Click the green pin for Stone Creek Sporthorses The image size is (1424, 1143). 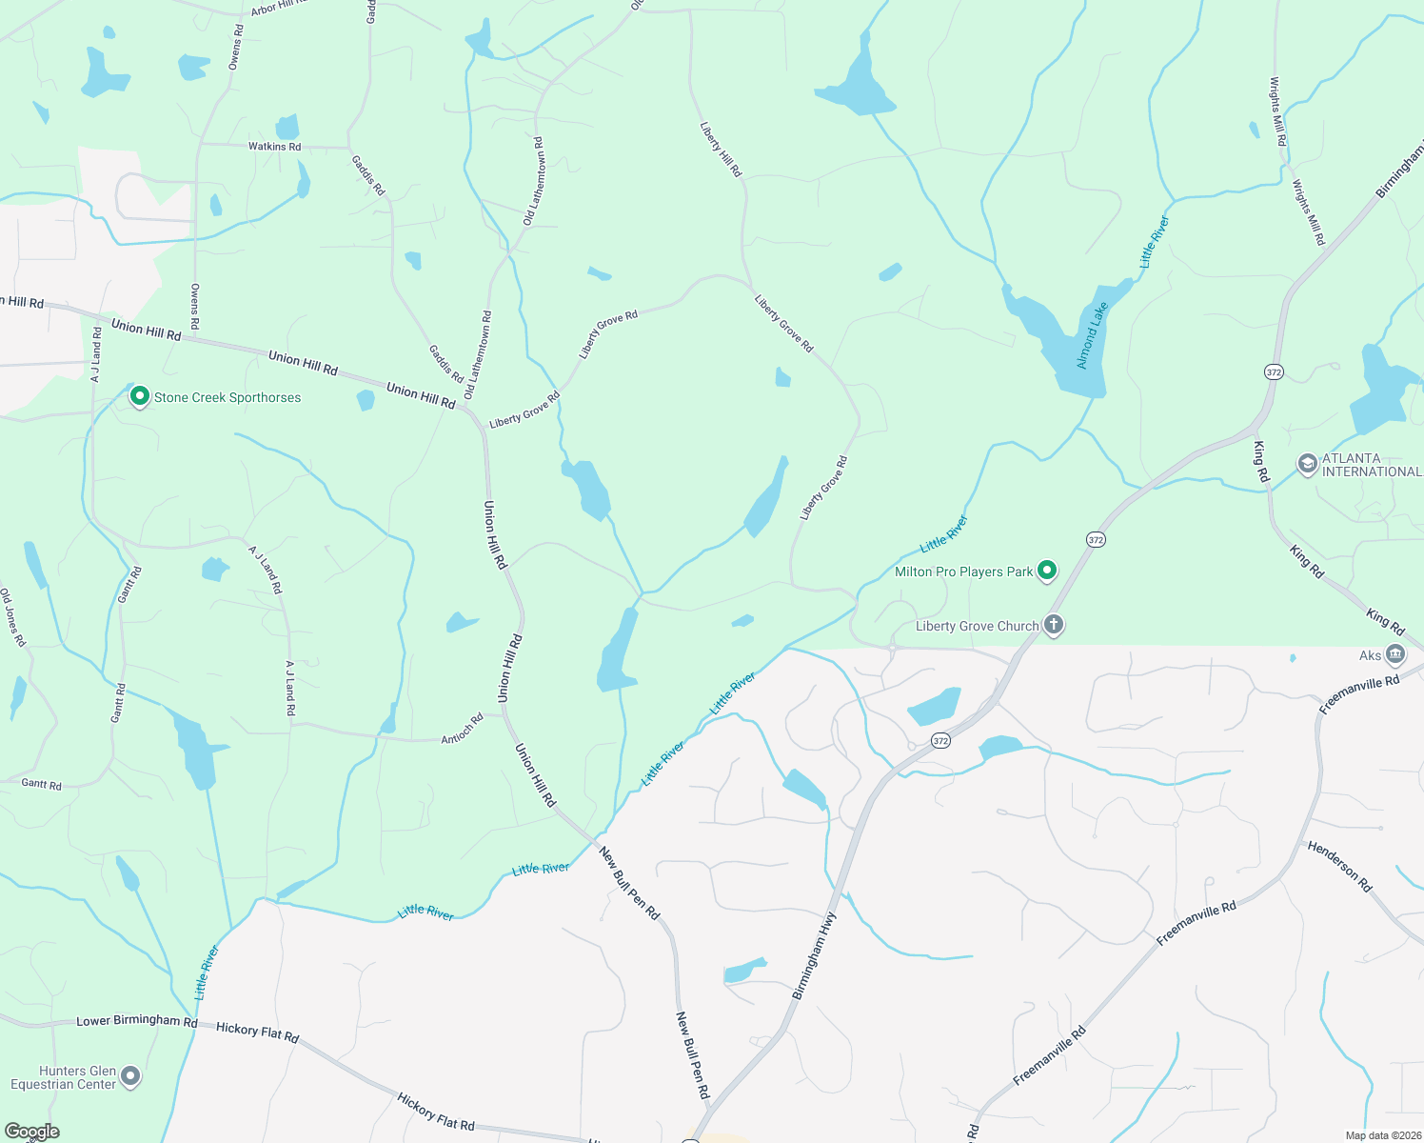pyautogui.click(x=140, y=396)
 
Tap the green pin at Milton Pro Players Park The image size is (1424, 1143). pyautogui.click(x=1047, y=571)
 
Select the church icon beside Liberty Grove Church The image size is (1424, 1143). pyautogui.click(x=1053, y=625)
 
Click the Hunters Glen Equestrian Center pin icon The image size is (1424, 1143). pyautogui.click(x=131, y=1076)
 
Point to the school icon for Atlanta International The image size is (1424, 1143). pyautogui.click(x=1308, y=464)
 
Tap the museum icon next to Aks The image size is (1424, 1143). pyautogui.click(x=1395, y=654)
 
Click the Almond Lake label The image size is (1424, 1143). pyautogui.click(x=1092, y=335)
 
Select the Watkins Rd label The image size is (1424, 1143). pyautogui.click(x=274, y=147)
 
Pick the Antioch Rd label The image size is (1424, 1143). pyautogui.click(x=463, y=729)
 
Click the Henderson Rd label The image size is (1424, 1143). pyautogui.click(x=1340, y=866)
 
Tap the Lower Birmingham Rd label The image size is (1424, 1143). pyautogui.click(x=136, y=1021)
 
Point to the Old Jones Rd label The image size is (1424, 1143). pyautogui.click(x=12, y=618)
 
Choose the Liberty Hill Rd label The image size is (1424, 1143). pyautogui.click(x=721, y=150)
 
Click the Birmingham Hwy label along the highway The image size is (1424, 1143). pyautogui.click(x=814, y=955)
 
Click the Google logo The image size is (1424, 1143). pyautogui.click(x=32, y=1132)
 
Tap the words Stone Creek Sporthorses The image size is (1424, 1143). pyautogui.click(x=227, y=397)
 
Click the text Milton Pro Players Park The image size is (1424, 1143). pyautogui.click(x=963, y=571)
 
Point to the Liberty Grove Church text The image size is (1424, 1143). pyautogui.click(x=977, y=626)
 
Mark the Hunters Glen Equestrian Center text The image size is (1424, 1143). pyautogui.click(x=63, y=1077)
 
